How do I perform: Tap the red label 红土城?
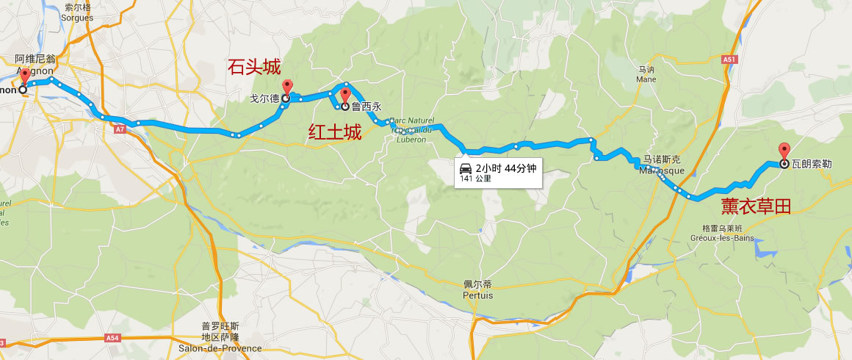[x=335, y=132]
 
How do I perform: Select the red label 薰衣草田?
[x=756, y=207]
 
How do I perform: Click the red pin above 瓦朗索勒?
[x=784, y=150]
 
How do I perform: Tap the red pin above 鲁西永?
[x=345, y=96]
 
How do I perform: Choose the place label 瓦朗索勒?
[x=812, y=164]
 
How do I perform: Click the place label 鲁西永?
[x=367, y=106]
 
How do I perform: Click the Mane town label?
[x=646, y=75]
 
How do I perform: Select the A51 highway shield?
[x=729, y=59]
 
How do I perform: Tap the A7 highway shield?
[x=120, y=129]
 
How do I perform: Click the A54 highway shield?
[x=112, y=338]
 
